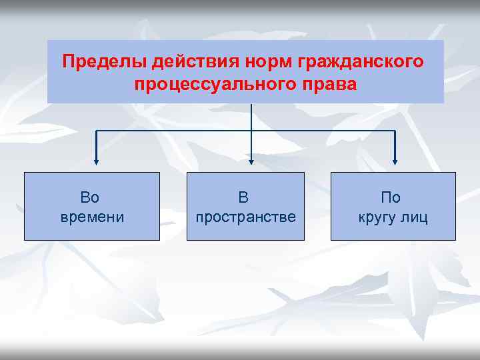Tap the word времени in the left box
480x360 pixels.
tap(92, 217)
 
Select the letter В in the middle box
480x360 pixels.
tap(244, 197)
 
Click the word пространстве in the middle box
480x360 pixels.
tap(245, 217)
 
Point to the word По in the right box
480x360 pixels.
tap(391, 197)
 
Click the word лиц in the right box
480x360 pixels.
tap(416, 217)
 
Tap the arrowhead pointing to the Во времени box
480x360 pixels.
tap(97, 161)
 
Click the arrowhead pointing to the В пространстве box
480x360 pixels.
tap(251, 161)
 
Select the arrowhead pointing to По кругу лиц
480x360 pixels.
tap(395, 161)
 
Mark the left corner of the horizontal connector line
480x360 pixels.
tap(97, 131)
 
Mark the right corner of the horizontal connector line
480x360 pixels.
tap(395, 131)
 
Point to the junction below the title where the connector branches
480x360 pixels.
tap(251, 131)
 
